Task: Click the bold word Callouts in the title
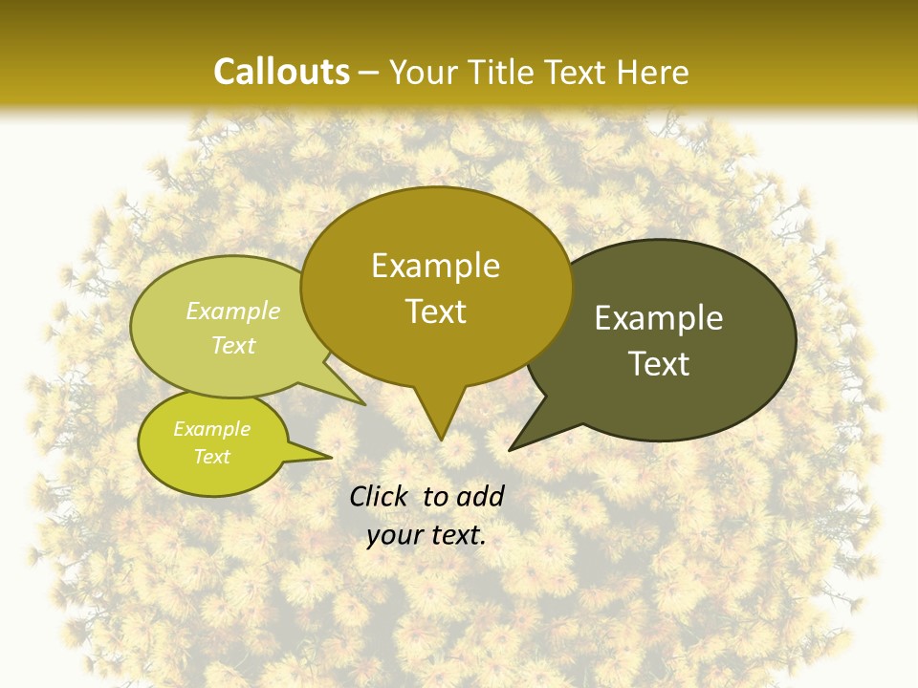tap(281, 72)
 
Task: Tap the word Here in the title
tap(652, 72)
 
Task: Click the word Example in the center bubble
tap(435, 266)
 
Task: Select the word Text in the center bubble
tap(435, 312)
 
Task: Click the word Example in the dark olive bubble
tap(659, 318)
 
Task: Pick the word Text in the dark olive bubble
tap(659, 364)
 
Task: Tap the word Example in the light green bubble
tap(233, 311)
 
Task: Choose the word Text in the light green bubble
tap(233, 345)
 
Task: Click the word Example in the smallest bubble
tap(211, 429)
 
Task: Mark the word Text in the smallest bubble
tap(211, 457)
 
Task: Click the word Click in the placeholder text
tap(379, 496)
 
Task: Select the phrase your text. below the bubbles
tap(426, 535)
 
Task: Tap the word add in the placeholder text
tap(480, 496)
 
